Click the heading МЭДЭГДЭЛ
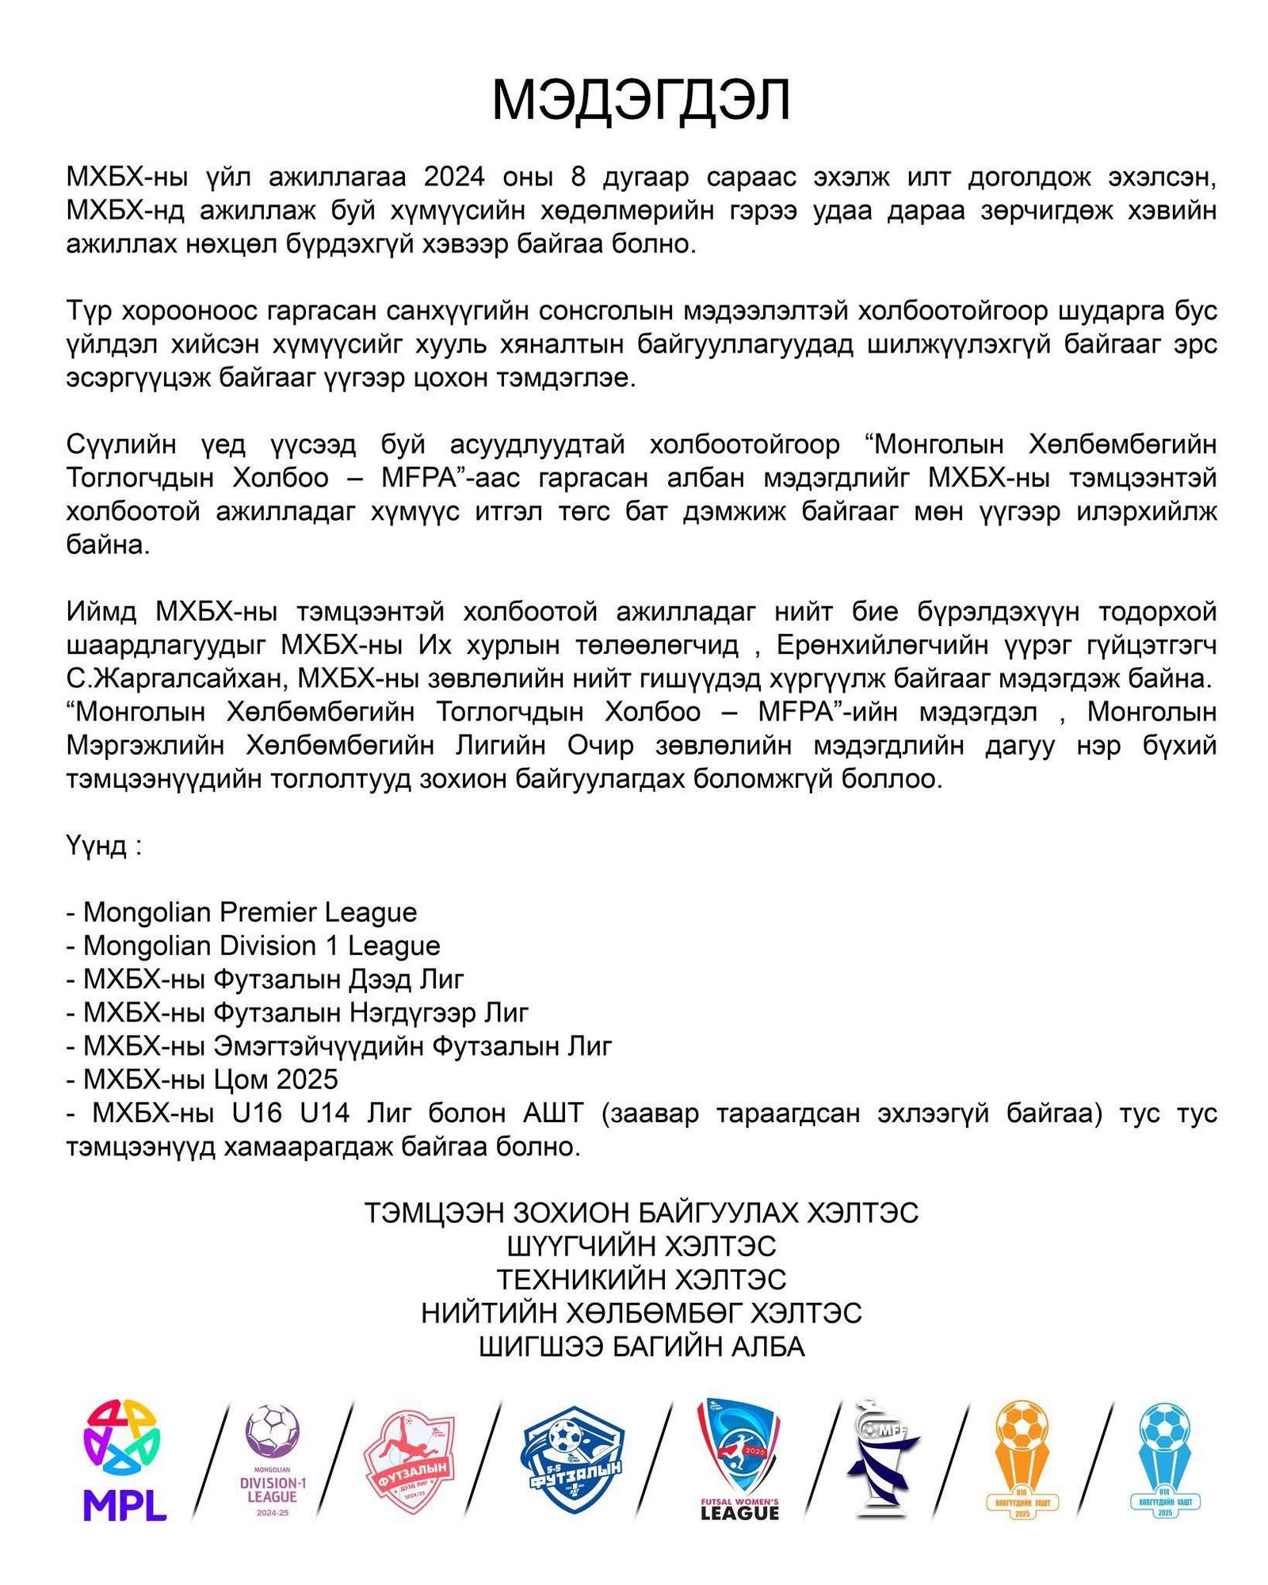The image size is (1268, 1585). coord(640,101)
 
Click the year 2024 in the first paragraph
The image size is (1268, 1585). coord(454,177)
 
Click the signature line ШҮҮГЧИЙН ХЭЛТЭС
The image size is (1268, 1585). coord(641,1247)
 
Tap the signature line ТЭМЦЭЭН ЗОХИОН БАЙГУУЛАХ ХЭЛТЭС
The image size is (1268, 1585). coord(641,1213)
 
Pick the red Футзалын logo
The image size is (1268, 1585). coord(408,1462)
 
